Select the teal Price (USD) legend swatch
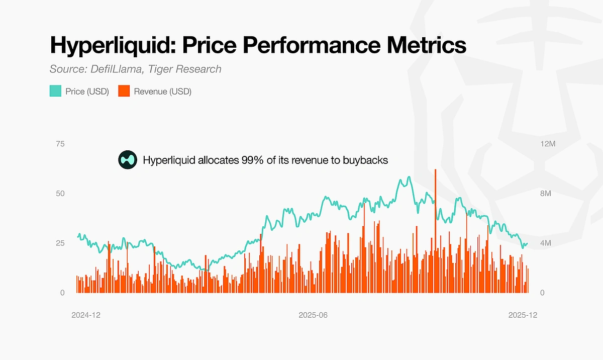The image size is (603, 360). (55, 92)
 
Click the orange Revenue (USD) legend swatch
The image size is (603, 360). (124, 92)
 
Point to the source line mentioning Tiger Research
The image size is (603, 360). (136, 69)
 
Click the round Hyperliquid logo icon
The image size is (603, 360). (128, 160)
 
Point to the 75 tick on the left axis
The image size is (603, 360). (60, 144)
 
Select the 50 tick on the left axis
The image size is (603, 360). (60, 194)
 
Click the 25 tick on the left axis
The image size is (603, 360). (60, 243)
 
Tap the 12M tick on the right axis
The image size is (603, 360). (547, 144)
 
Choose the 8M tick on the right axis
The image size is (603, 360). (546, 194)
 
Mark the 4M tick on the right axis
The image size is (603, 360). (546, 243)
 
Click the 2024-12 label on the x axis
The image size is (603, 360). (86, 315)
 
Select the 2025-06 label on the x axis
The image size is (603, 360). (313, 315)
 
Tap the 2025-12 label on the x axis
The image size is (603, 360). (523, 315)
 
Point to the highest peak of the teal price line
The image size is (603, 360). (409, 177)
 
